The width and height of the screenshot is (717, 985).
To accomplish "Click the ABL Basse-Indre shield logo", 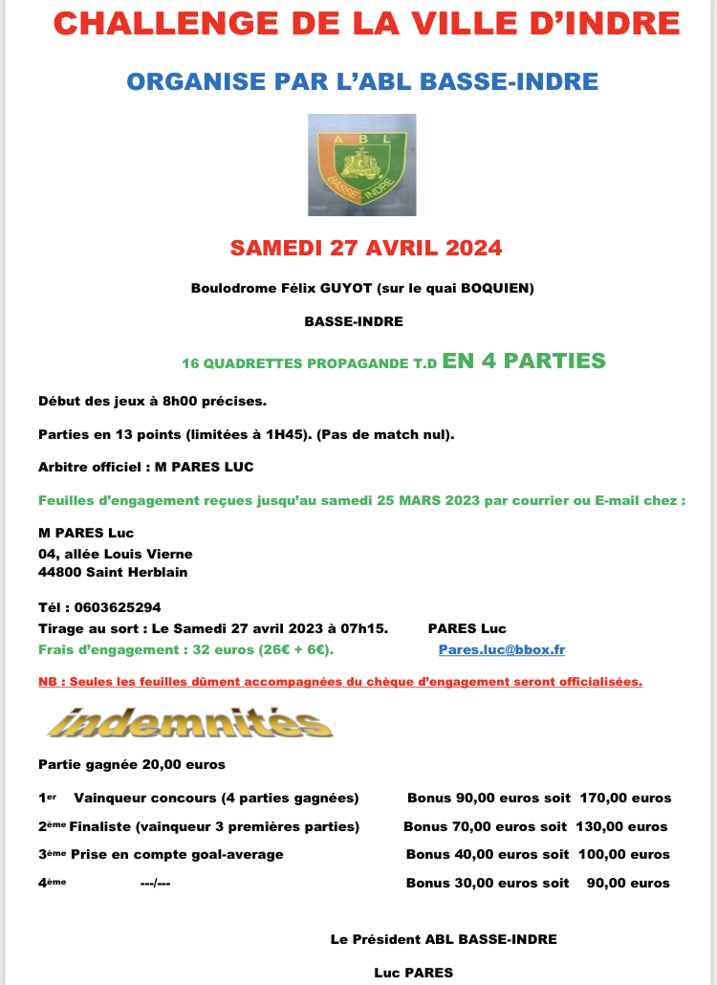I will click(361, 164).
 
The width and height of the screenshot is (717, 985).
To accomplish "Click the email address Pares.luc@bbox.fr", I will click(501, 649).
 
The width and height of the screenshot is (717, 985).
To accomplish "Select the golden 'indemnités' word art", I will click(189, 722).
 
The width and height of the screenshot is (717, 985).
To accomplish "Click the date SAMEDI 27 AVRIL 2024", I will click(366, 248).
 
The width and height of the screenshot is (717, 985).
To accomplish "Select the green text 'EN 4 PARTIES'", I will click(524, 361).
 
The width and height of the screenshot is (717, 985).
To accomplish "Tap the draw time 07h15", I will click(368, 628).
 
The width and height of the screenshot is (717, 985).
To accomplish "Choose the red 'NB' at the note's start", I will click(47, 682).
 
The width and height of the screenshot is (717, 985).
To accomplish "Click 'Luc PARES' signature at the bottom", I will click(413, 973).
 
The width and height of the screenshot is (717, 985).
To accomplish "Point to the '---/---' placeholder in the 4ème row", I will click(155, 883).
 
